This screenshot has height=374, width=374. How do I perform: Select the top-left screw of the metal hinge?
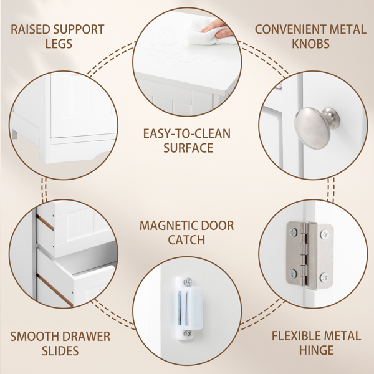293,232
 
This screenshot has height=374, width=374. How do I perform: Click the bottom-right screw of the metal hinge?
324,277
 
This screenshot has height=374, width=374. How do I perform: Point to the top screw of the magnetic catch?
188,282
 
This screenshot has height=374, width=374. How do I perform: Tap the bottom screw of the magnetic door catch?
188,334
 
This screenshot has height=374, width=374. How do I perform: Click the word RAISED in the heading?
31,29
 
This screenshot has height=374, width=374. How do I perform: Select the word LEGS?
59,44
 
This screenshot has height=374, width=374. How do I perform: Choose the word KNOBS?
310,44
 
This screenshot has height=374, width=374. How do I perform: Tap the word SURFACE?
188,148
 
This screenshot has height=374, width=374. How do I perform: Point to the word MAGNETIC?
166,226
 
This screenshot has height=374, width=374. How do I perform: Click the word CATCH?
186,240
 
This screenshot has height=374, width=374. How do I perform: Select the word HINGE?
316,350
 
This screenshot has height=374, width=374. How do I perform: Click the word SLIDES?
60,350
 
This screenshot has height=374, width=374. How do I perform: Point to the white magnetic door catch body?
188,308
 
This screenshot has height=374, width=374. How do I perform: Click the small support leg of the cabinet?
15,134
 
